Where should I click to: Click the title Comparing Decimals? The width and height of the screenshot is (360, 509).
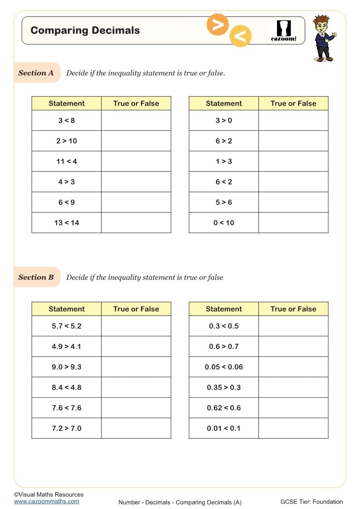click(x=85, y=31)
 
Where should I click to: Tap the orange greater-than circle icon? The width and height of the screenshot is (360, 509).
click(x=218, y=25)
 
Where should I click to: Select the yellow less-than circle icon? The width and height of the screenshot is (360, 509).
click(x=240, y=36)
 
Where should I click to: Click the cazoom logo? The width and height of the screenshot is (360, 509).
click(x=283, y=31)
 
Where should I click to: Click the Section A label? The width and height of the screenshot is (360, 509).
click(x=36, y=73)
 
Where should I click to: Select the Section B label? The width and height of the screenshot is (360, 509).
click(x=36, y=277)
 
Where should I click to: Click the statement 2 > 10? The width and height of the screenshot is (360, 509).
click(x=67, y=141)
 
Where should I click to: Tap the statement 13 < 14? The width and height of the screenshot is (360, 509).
click(x=67, y=223)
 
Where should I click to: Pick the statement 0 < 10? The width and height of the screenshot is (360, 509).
click(x=224, y=223)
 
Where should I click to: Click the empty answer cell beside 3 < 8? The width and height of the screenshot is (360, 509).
click(x=136, y=121)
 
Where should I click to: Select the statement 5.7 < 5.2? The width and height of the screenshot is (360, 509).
click(x=67, y=326)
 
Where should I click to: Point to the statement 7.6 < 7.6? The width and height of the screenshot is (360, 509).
click(x=67, y=408)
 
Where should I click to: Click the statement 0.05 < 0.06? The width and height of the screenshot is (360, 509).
click(x=224, y=367)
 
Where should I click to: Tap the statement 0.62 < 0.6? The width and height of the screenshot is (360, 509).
click(x=224, y=408)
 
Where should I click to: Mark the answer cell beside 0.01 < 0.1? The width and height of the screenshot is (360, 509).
click(x=293, y=428)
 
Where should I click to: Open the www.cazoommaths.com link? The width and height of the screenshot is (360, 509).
click(x=46, y=501)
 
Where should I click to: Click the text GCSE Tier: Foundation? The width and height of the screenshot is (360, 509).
click(x=311, y=502)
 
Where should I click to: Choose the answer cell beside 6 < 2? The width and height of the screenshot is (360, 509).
click(x=293, y=182)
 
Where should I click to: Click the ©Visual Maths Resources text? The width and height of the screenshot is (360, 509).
click(x=49, y=494)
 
